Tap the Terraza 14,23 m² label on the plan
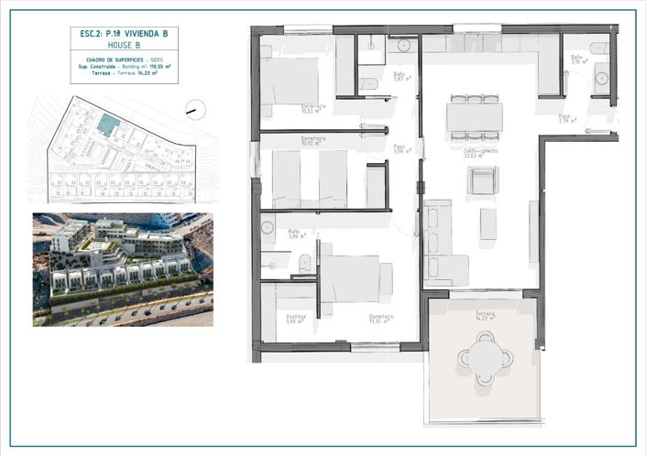485,316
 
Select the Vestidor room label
295,319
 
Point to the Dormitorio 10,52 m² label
313,108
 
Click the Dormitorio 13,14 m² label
381,320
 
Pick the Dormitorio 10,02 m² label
314,141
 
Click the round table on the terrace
485,355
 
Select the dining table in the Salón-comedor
474,117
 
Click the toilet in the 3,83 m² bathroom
369,84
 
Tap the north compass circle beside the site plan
195,109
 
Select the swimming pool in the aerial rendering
95,246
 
